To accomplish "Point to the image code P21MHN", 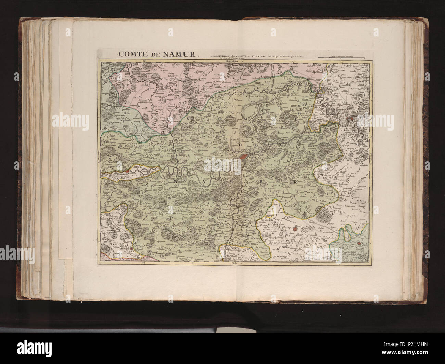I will point(426,357).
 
